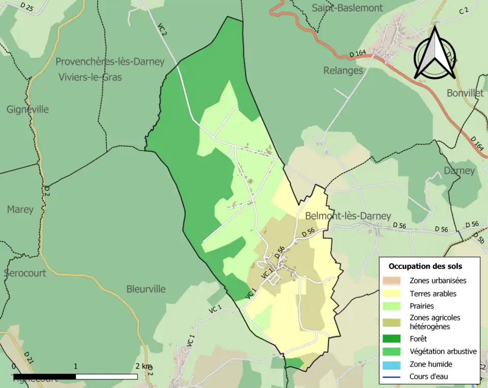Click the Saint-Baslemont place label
pos(347,8)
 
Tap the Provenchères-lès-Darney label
pos(110,62)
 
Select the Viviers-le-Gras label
pos(90,77)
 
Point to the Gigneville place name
pos(27,109)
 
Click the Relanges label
pos(343,70)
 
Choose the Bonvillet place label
pos(465,93)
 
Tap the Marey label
pos(20,209)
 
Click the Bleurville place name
pos(146,289)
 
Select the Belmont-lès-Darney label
pos(348,216)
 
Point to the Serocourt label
pos(25,273)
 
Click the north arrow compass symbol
pos(435,53)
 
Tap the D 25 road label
pos(27,7)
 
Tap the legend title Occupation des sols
pos(425,266)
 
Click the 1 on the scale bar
pos(76,366)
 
